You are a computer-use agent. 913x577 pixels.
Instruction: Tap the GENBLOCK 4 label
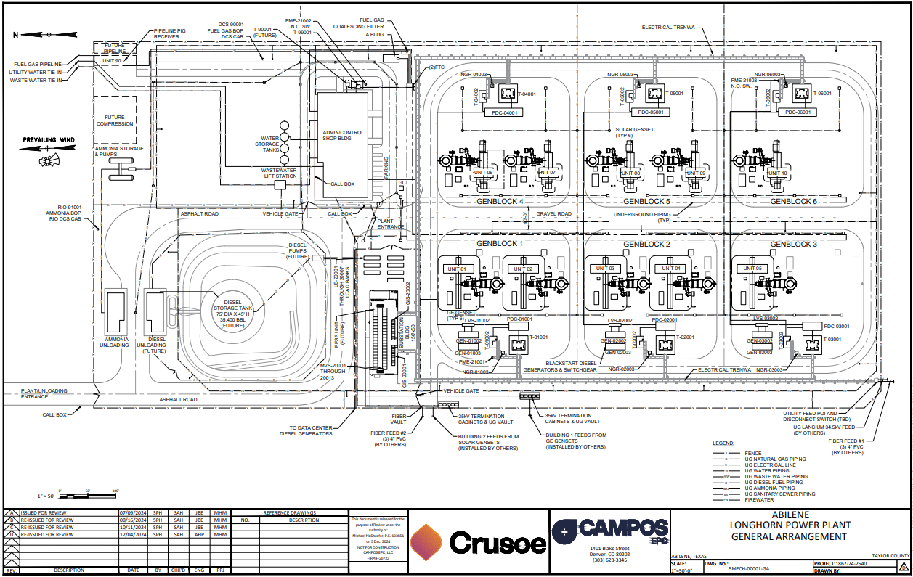[500, 201]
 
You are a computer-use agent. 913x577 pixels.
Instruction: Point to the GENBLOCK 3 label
[793, 244]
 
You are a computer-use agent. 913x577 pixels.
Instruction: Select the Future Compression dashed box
[114, 120]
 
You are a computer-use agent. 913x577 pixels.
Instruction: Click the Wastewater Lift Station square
[280, 185]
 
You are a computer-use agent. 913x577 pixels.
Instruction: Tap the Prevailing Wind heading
[49, 139]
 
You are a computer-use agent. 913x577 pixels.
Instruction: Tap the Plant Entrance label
[390, 224]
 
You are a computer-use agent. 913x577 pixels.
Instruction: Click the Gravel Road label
[554, 214]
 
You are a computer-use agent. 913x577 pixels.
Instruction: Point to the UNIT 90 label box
[112, 61]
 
